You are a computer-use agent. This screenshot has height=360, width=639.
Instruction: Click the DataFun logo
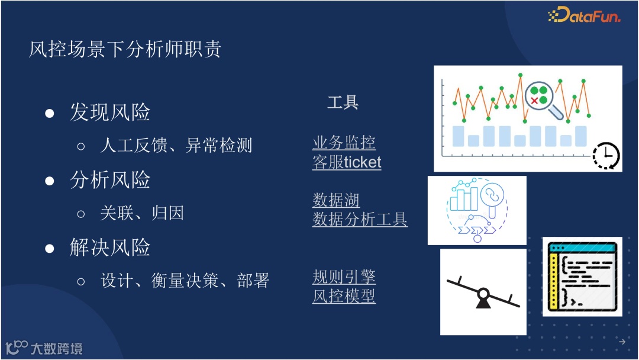pyautogui.click(x=584, y=16)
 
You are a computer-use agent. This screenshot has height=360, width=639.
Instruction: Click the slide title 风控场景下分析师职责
pyautogui.click(x=125, y=50)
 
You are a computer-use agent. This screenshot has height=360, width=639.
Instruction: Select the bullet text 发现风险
pyautogui.click(x=110, y=112)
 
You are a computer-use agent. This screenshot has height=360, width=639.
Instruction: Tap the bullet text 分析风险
pyautogui.click(x=110, y=180)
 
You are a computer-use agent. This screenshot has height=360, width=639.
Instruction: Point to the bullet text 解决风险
pyautogui.click(x=110, y=247)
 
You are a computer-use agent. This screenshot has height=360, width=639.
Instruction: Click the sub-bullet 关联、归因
pyautogui.click(x=142, y=213)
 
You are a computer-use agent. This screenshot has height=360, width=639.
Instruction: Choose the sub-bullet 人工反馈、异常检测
pyautogui.click(x=176, y=145)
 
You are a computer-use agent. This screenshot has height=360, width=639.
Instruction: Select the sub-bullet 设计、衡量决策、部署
pyautogui.click(x=185, y=280)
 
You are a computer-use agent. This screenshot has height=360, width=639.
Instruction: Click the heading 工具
pyautogui.click(x=343, y=102)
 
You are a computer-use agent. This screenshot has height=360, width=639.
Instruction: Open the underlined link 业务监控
pyautogui.click(x=344, y=143)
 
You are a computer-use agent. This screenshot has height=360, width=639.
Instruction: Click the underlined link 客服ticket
pyautogui.click(x=347, y=162)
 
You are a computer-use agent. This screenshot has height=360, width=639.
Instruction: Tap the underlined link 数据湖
pyautogui.click(x=336, y=200)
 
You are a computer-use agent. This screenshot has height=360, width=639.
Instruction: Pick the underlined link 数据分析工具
pyautogui.click(x=360, y=220)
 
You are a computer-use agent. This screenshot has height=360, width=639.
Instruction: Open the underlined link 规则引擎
pyautogui.click(x=344, y=277)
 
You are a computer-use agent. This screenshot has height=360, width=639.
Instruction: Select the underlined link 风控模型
pyautogui.click(x=344, y=295)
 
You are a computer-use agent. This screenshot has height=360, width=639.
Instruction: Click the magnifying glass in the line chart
pyautogui.click(x=541, y=97)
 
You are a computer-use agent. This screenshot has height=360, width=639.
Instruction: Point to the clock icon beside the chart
pyautogui.click(x=606, y=156)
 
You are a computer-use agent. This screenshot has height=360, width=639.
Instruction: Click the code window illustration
pyautogui.click(x=582, y=276)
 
